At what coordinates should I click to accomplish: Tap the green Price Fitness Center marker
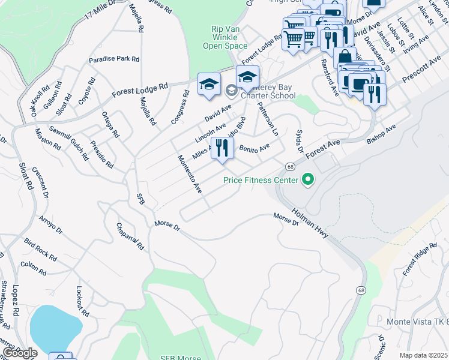click(x=309, y=179)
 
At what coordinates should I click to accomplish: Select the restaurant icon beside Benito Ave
click(x=222, y=148)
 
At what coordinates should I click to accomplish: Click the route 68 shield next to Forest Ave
click(x=290, y=166)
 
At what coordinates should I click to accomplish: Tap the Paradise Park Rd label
click(x=114, y=59)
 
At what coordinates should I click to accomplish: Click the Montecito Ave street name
click(x=189, y=175)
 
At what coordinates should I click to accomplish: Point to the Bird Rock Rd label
click(x=40, y=249)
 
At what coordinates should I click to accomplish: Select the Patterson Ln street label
click(x=268, y=118)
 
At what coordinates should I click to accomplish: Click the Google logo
click(x=20, y=353)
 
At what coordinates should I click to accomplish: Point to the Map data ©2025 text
click(x=424, y=355)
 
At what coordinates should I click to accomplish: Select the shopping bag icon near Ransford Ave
click(x=345, y=58)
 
